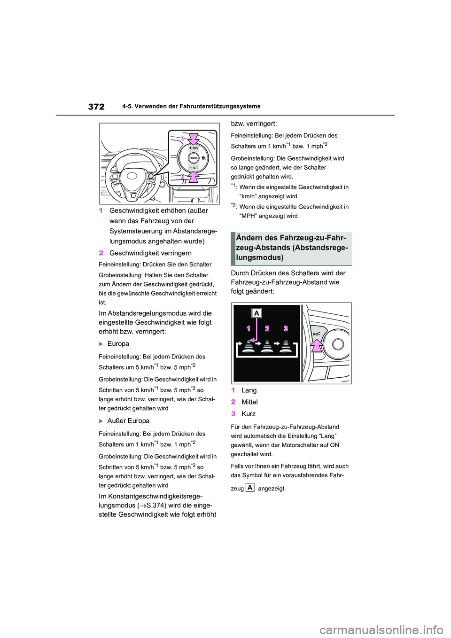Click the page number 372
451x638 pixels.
pyautogui.click(x=96, y=107)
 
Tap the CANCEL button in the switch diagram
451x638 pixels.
pyautogui.click(x=194, y=158)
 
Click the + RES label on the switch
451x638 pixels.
pyautogui.click(x=194, y=148)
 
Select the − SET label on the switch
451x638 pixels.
pyautogui.click(x=194, y=168)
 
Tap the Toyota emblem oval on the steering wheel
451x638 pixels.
pyautogui.click(x=131, y=177)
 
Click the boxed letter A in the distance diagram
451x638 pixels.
pyautogui.click(x=257, y=313)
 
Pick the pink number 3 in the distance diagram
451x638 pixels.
pyautogui.click(x=286, y=328)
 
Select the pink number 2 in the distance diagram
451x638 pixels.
pyautogui.click(x=267, y=328)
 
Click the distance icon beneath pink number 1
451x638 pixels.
pyautogui.click(x=249, y=347)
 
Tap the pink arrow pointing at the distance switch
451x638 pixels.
pyautogui.click(x=318, y=346)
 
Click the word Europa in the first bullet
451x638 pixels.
pyautogui.click(x=118, y=344)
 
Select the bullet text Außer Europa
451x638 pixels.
pyautogui.click(x=128, y=421)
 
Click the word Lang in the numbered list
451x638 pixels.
pyautogui.click(x=249, y=390)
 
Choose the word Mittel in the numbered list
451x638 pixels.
pyautogui.click(x=249, y=402)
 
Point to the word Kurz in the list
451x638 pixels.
pyautogui.click(x=249, y=414)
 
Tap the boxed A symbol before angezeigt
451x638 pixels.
pyautogui.click(x=250, y=488)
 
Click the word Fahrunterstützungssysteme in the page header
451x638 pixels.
pyautogui.click(x=221, y=107)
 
